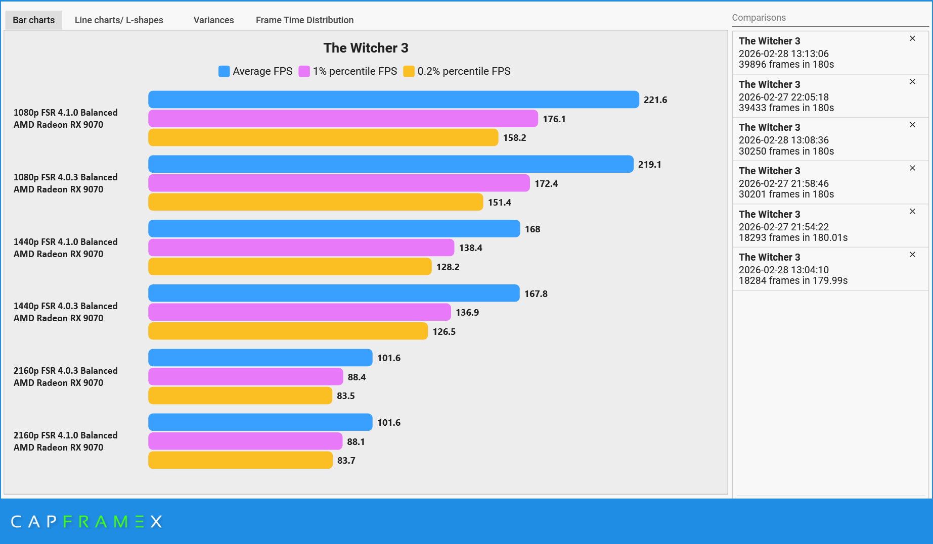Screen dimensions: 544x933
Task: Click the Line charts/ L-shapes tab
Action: (119, 20)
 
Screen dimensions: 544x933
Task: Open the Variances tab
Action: (213, 20)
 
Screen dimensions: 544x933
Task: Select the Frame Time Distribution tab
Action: (304, 20)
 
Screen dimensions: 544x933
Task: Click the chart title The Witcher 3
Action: (366, 48)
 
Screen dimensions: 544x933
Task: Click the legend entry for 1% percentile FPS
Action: (354, 71)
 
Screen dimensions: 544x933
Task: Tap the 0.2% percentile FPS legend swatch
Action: (409, 71)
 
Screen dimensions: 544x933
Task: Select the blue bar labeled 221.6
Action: (393, 100)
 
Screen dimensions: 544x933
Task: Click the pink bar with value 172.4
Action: (339, 183)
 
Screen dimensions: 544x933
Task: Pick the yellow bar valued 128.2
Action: (289, 267)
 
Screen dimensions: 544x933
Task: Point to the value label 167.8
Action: (536, 293)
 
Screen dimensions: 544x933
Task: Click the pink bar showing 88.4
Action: (245, 377)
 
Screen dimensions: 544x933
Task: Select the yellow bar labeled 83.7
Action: (240, 460)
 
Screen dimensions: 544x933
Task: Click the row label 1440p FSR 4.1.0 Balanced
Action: (66, 242)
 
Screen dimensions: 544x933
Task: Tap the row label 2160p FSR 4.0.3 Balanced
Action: (66, 371)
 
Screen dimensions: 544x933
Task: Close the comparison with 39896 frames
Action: (912, 38)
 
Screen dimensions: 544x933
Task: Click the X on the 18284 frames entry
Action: (912, 255)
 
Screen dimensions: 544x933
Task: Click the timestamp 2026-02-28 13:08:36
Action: (783, 140)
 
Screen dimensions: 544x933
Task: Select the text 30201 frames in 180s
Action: (786, 194)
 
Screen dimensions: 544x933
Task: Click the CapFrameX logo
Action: (86, 521)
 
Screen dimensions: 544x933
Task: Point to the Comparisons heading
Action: (759, 18)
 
